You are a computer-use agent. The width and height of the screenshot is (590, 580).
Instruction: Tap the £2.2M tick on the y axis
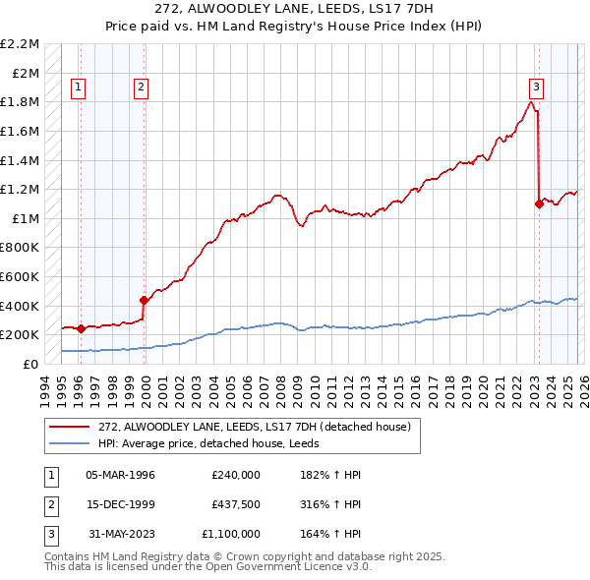22,44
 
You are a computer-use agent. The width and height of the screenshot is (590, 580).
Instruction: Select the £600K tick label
21,277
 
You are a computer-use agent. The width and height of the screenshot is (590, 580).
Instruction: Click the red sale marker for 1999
144,300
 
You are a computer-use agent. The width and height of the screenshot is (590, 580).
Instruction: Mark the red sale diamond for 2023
539,204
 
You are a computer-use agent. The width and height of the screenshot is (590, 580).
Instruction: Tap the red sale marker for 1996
81,329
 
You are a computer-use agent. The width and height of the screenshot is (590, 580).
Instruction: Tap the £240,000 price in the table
236,475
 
